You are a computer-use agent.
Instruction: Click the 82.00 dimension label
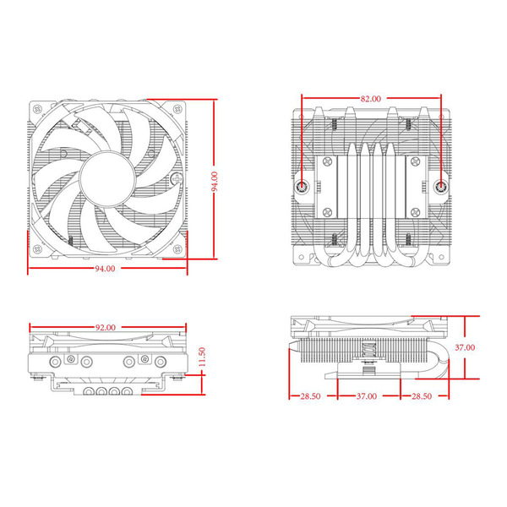(x=370, y=99)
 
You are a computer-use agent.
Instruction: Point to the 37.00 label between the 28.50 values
(x=365, y=395)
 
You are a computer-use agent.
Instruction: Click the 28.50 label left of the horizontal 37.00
(x=312, y=395)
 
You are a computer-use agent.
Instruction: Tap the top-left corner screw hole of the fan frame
(x=37, y=110)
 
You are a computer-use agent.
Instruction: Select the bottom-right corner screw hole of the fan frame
(x=176, y=250)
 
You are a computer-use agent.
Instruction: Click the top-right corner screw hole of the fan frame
(x=176, y=110)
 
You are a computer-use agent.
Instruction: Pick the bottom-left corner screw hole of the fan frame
(x=37, y=250)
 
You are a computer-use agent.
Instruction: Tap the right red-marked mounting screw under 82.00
(x=442, y=186)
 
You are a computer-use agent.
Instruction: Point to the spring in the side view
(x=368, y=349)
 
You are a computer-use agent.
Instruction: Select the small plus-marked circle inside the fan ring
(x=174, y=180)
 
